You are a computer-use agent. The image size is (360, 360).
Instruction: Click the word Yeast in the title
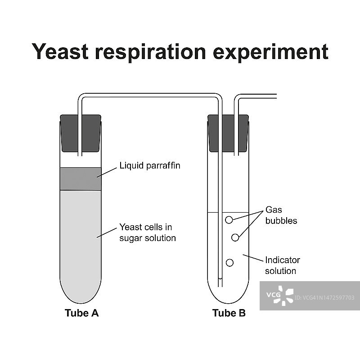point(60,52)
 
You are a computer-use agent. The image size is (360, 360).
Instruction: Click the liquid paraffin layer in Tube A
point(81,179)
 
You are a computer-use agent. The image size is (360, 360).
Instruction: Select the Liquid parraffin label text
point(149,166)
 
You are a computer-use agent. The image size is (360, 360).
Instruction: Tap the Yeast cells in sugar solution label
point(147,232)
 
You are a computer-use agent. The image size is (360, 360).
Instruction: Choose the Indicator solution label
point(282,265)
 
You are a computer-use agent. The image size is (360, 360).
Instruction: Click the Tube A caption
point(81,313)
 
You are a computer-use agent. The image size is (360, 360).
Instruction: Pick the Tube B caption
point(229,313)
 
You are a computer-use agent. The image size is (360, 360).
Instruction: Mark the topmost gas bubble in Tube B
point(229,220)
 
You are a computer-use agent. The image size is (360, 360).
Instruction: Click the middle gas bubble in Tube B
point(235,237)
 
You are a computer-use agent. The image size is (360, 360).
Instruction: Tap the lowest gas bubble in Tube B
point(229,263)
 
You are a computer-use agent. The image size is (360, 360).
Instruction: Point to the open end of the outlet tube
point(275,96)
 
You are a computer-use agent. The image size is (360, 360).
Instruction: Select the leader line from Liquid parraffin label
point(106,171)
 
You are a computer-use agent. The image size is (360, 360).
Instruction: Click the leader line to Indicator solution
point(253,258)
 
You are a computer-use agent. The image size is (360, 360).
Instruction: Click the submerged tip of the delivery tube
point(220,283)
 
